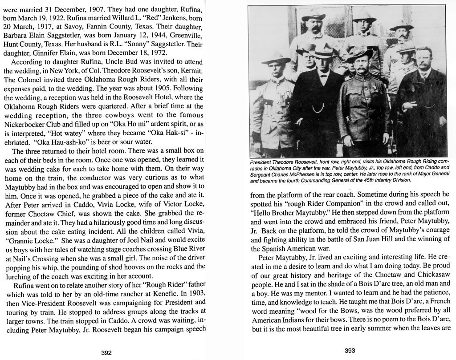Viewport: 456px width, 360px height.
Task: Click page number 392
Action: click(106, 352)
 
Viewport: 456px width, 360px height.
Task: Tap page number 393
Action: click(350, 351)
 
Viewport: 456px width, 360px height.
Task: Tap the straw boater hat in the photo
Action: click(321, 53)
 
